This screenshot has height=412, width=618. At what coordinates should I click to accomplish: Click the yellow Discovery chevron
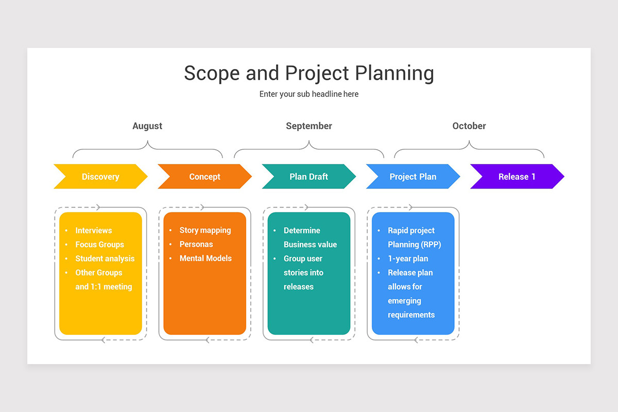tap(100, 177)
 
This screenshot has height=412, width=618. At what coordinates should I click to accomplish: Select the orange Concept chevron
tap(204, 177)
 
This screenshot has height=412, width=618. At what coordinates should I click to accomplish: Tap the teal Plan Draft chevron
tap(308, 177)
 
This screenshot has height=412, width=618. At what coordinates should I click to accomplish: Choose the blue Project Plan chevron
tap(413, 177)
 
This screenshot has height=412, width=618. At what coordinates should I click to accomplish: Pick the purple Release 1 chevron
tap(517, 177)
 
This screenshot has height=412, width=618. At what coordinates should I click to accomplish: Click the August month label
tap(147, 126)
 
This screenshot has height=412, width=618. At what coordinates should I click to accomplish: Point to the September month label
tap(309, 126)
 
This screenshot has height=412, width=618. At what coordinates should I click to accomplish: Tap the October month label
tap(469, 126)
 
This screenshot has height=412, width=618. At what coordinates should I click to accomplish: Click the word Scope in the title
tap(212, 73)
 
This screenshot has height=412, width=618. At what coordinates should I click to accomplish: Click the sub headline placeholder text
tap(309, 94)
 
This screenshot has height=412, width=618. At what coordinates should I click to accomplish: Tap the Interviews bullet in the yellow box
tap(93, 231)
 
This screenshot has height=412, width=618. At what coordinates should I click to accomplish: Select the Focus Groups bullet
tap(99, 245)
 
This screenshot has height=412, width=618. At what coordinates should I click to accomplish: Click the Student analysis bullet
tap(105, 259)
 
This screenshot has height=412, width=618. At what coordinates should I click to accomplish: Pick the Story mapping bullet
tap(205, 230)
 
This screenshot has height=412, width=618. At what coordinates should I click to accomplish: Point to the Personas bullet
tap(196, 244)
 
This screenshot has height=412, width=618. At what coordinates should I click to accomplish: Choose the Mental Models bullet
tap(205, 258)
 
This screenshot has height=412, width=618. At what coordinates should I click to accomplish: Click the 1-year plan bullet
tap(408, 259)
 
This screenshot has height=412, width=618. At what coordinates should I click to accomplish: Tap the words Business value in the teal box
tap(310, 245)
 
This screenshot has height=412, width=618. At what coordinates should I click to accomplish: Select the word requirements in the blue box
tap(411, 315)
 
